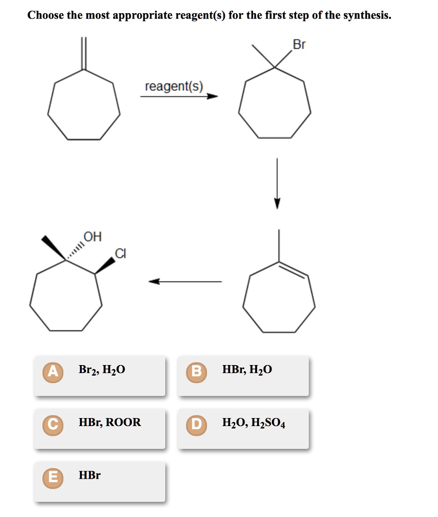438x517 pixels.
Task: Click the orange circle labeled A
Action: (x=52, y=370)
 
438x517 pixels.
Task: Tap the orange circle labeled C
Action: (x=52, y=423)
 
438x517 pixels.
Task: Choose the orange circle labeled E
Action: (x=52, y=476)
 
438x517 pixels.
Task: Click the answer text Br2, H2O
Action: (x=102, y=370)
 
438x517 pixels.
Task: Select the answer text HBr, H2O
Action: (x=247, y=370)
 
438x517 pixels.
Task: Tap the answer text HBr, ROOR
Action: (x=110, y=423)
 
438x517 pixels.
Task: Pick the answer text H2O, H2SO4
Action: (x=253, y=423)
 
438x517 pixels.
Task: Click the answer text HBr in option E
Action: (x=89, y=476)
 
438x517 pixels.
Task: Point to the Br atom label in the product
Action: (x=299, y=44)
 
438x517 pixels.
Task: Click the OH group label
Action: (x=92, y=236)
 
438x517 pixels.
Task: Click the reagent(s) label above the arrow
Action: (x=174, y=86)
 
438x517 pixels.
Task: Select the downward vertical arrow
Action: (x=277, y=182)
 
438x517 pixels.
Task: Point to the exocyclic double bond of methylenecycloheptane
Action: (x=84, y=53)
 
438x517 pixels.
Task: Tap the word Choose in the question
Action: (x=45, y=15)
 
